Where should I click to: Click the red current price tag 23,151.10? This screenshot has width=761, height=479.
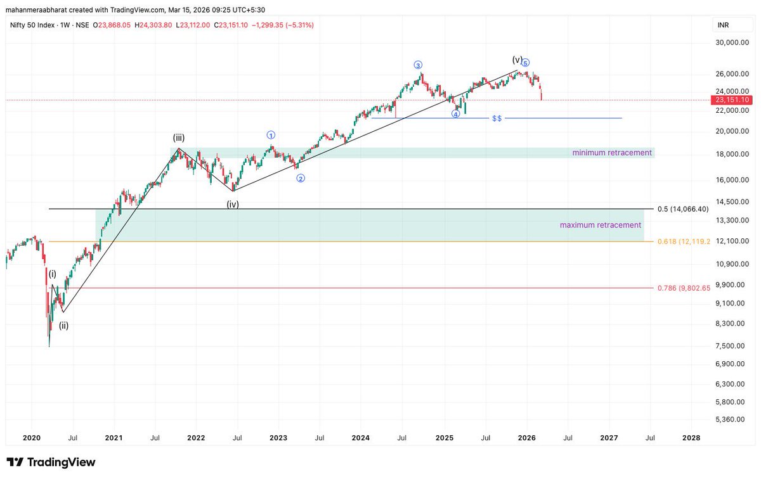[x=732, y=100]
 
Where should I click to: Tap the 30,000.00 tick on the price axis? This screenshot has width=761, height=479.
[x=733, y=43]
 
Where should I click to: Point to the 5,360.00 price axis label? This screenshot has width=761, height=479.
[x=735, y=419]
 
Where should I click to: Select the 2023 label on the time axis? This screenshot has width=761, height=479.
[x=278, y=438]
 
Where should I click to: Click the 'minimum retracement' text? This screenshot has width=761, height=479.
[x=611, y=153]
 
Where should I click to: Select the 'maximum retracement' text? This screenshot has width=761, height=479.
[x=600, y=225]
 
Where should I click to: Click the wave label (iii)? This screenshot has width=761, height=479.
[x=179, y=137]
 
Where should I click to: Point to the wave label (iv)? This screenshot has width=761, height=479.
[x=233, y=204]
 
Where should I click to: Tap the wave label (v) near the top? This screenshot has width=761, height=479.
[x=517, y=60]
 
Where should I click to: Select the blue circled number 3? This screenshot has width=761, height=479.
[x=418, y=65]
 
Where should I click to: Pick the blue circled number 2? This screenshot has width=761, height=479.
[x=301, y=178]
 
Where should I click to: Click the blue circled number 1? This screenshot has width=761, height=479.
[x=271, y=134]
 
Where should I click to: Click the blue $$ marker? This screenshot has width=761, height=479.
[x=497, y=118]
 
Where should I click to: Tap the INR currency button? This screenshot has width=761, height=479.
[x=723, y=25]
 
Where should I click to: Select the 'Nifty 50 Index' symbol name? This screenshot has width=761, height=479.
[x=34, y=25]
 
